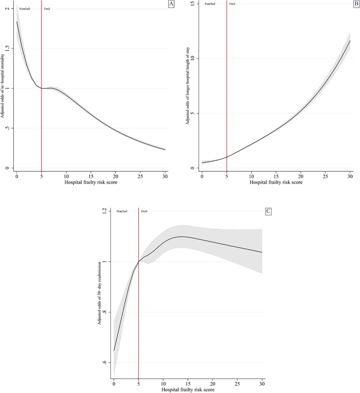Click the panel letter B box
355,4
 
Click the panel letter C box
269,211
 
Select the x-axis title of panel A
90,182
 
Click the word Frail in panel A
47,9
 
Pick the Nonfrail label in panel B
209,4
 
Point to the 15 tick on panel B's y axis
192,4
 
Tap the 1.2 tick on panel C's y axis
104,211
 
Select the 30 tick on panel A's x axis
165,174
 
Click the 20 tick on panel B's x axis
301,174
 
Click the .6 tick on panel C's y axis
104,363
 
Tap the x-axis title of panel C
188,389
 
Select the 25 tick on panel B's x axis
325,174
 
